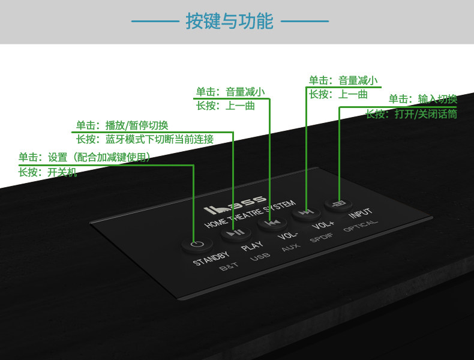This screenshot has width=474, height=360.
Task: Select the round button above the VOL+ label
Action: pos(304,212)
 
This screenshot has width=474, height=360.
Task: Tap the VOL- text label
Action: pos(289,235)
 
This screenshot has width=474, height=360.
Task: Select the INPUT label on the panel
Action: pos(360,214)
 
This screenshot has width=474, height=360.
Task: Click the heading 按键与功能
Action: pos(229,22)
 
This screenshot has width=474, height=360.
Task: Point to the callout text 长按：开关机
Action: pos(47,172)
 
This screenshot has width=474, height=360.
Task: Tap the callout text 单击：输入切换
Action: pos(422,99)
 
